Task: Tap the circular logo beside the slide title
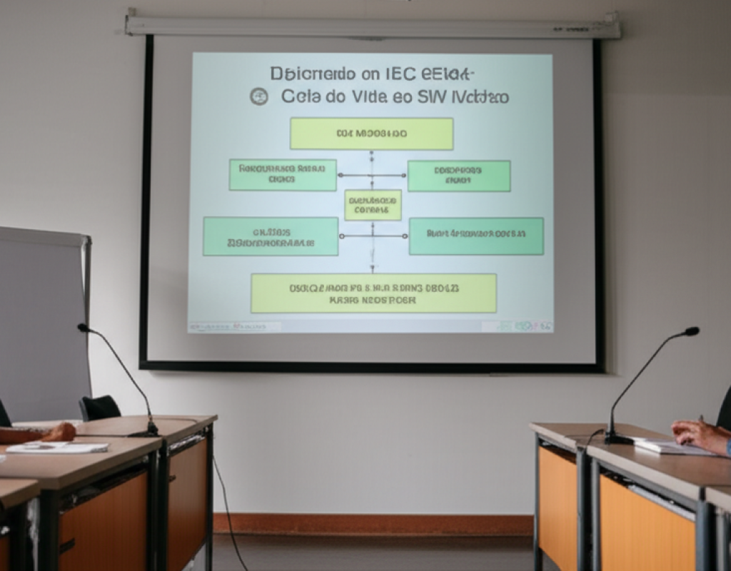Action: click(x=258, y=96)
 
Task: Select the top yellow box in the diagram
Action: click(x=371, y=133)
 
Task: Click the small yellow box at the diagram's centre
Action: click(x=373, y=205)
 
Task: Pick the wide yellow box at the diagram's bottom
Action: click(x=373, y=293)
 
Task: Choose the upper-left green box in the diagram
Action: click(x=283, y=175)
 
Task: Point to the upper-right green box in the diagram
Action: click(x=458, y=176)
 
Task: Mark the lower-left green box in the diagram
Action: click(x=271, y=236)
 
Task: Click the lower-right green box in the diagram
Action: click(x=475, y=236)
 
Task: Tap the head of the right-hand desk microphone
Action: click(x=691, y=331)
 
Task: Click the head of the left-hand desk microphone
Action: click(x=83, y=328)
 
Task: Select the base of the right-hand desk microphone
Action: click(x=618, y=438)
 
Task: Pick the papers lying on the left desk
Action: click(x=57, y=448)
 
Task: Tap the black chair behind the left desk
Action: click(x=100, y=408)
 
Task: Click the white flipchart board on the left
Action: click(x=43, y=321)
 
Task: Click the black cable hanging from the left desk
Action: click(x=228, y=514)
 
